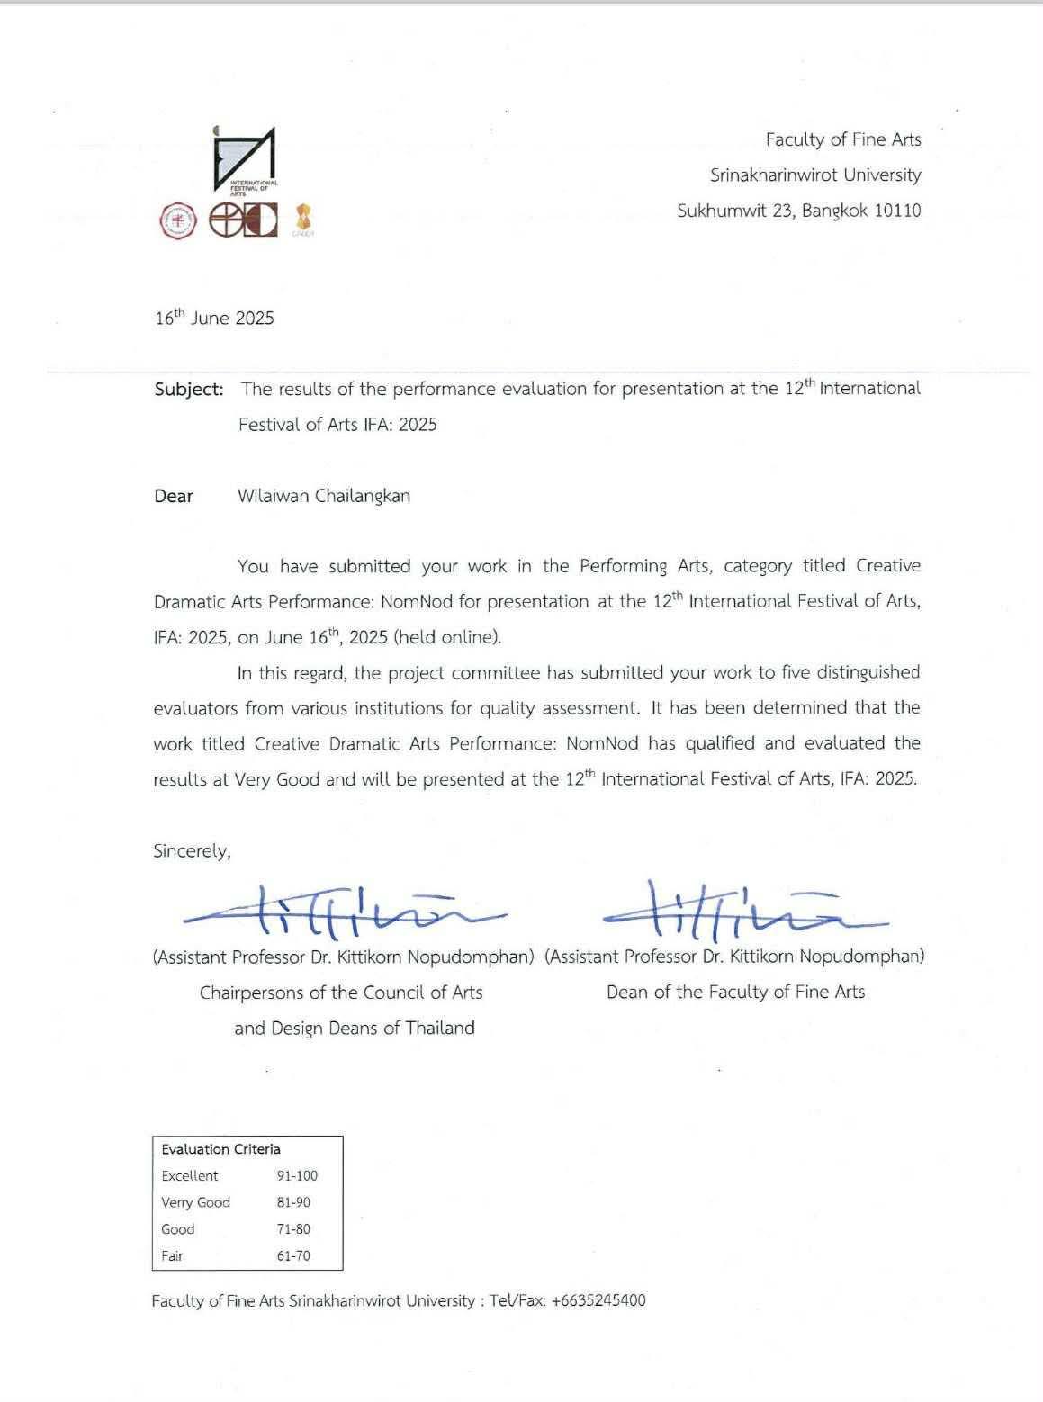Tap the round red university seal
177,220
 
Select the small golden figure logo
301,219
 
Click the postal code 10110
897,211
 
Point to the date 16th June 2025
214,318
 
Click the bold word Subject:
189,389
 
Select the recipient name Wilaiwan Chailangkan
324,496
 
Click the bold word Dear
174,496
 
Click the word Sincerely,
192,851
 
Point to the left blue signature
342,911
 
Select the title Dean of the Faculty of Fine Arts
735,992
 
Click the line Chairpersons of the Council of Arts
341,993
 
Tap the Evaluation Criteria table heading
220,1149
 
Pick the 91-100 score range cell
297,1176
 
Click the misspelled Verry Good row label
195,1202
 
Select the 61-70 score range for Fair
293,1255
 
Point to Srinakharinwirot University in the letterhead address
815,175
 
